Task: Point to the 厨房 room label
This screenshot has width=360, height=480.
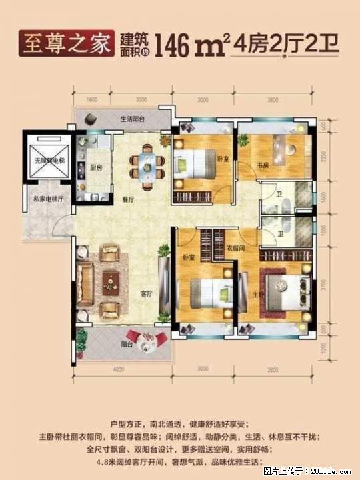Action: [x=95, y=167]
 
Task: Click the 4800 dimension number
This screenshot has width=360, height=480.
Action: [x=117, y=369]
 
